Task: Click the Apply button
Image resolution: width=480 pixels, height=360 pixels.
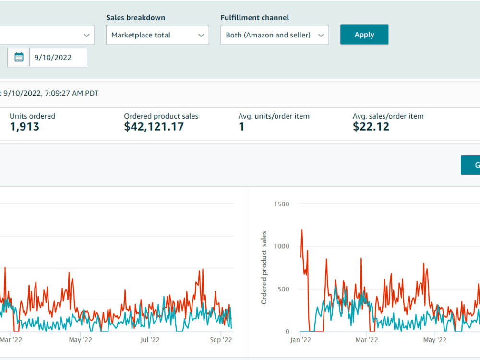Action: [364, 35]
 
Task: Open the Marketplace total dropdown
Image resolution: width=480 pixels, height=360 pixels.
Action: [157, 35]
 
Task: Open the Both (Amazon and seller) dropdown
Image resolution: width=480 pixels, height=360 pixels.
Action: [275, 35]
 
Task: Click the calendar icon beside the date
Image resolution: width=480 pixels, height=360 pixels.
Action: [19, 57]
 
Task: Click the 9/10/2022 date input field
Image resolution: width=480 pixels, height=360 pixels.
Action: [58, 57]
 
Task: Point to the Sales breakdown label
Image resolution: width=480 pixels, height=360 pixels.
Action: [136, 18]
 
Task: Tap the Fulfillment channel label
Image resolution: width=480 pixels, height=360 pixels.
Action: [255, 18]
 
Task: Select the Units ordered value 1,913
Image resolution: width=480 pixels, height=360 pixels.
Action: [24, 126]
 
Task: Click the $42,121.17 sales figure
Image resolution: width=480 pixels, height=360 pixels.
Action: [154, 126]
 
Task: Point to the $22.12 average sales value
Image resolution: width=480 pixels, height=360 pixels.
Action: [371, 126]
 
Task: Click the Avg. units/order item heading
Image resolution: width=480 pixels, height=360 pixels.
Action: [274, 116]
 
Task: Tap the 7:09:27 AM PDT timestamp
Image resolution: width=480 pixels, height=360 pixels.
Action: [72, 93]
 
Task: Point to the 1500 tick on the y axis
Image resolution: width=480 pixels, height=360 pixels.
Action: [282, 204]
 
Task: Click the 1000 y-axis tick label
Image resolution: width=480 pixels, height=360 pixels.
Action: [282, 246]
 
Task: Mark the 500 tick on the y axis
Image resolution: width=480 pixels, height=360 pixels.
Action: [284, 289]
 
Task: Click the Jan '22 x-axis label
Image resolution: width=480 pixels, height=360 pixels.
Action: [300, 340]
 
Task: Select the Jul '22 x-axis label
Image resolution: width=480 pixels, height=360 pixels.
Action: [150, 340]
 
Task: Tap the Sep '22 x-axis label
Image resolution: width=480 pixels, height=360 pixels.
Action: [221, 340]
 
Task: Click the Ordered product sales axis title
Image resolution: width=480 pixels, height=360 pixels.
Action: [264, 268]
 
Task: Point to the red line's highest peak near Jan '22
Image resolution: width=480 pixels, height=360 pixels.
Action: [302, 230]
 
